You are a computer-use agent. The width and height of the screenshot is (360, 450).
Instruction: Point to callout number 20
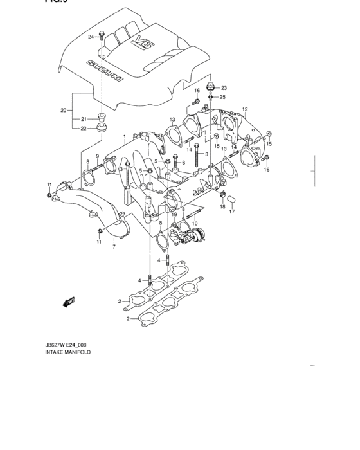tap(64, 110)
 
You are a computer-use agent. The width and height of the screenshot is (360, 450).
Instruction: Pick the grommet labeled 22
tap(100, 130)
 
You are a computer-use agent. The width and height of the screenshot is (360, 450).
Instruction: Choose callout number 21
tap(83, 119)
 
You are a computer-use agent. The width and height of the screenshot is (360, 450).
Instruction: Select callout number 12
tap(244, 109)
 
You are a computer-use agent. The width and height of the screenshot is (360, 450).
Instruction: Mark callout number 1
tap(125, 137)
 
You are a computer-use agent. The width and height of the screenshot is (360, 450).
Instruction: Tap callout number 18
tap(222, 207)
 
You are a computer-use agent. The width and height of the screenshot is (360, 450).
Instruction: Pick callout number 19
tap(174, 215)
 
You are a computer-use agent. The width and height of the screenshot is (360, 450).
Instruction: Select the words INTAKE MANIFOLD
tap(67, 353)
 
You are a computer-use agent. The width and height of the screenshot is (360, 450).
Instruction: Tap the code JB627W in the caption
tap(56, 345)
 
